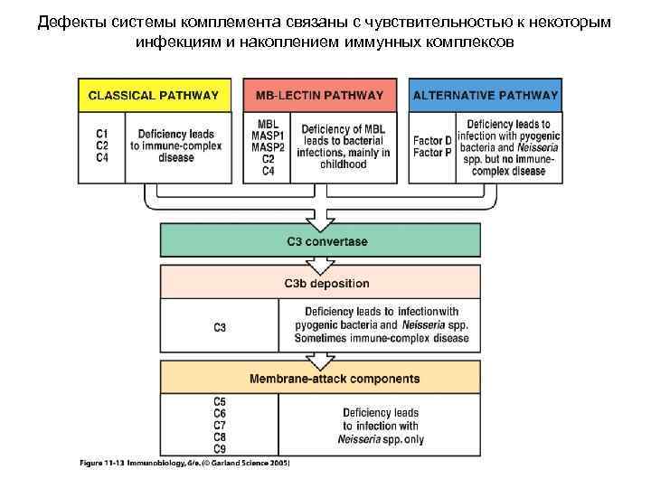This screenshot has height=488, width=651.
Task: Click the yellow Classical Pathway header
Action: [154, 95]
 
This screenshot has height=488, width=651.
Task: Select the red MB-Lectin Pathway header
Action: [319, 95]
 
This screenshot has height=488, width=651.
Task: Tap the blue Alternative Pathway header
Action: [486, 95]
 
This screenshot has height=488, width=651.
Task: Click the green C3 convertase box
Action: [320, 241]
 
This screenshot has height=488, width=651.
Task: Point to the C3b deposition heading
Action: [320, 284]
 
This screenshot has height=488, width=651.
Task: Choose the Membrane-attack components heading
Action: [320, 379]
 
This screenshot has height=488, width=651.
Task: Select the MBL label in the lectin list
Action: [268, 125]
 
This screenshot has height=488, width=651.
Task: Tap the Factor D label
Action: [433, 141]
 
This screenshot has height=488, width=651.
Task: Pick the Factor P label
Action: [433, 153]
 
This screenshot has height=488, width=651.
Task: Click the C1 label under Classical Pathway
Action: [103, 135]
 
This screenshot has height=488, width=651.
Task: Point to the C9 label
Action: [220, 449]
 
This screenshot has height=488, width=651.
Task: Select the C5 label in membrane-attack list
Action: [220, 400]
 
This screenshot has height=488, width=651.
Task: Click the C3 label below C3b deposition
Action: [220, 326]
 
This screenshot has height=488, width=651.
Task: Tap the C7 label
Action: [220, 425]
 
